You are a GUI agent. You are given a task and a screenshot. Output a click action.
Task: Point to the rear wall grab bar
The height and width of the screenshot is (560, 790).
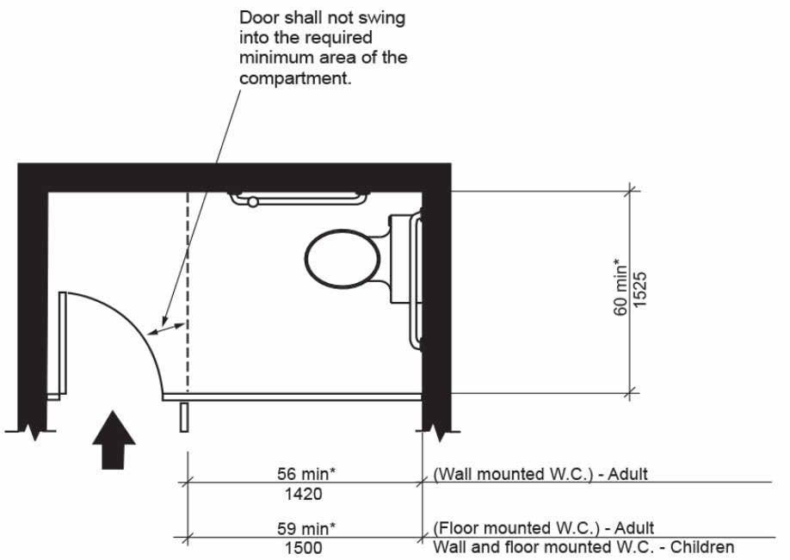pyautogui.click(x=298, y=200)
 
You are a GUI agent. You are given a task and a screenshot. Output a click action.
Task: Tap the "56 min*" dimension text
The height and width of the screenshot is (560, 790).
pyautogui.click(x=306, y=474)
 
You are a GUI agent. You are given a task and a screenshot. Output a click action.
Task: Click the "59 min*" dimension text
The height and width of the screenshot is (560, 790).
pyautogui.click(x=306, y=528)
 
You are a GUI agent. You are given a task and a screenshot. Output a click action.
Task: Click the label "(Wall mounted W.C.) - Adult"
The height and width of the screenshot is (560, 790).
pyautogui.click(x=540, y=473)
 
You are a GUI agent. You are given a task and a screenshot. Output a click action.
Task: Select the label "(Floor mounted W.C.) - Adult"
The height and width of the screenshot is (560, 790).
pyautogui.click(x=542, y=527)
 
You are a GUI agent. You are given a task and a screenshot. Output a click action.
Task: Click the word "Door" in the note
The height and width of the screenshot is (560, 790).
pyautogui.click(x=257, y=17)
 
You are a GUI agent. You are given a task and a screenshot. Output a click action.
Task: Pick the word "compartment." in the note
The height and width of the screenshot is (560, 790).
pyautogui.click(x=294, y=77)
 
